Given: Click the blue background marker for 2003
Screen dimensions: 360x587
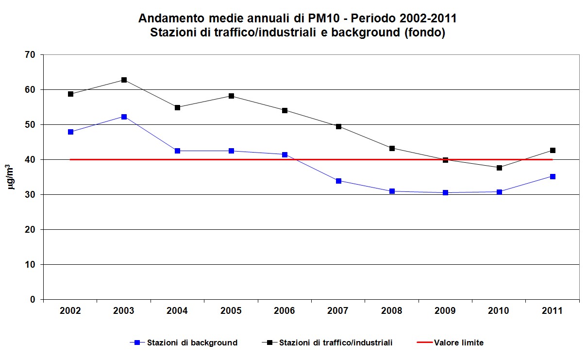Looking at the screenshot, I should [124, 117].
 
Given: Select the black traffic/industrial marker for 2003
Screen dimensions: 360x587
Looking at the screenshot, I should [124, 80].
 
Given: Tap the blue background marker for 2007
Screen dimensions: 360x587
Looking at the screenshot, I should [338, 181].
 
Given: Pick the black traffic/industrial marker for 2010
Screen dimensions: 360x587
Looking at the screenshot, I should [499, 168].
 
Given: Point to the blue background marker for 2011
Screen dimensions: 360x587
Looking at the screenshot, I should [553, 176].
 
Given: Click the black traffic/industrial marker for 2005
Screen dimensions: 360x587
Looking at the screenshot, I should [231, 96].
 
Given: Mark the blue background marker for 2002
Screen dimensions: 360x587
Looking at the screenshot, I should [70, 132].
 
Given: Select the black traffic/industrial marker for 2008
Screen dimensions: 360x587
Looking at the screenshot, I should [392, 148].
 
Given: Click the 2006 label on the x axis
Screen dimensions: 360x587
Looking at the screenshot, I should [285, 311].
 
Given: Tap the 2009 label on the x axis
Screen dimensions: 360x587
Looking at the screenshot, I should [445, 311].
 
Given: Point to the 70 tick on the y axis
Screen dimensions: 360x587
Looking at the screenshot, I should [31, 55].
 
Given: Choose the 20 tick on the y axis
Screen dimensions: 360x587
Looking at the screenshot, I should [31, 229].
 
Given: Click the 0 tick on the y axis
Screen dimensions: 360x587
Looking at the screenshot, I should [33, 299].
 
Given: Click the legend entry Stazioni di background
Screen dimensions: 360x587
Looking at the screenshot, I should [192, 343].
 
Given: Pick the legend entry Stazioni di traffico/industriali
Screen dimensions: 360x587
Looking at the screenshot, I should [335, 343].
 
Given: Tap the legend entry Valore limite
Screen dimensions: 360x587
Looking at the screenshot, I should [459, 343].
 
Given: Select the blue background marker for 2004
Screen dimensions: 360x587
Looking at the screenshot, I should [177, 151].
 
